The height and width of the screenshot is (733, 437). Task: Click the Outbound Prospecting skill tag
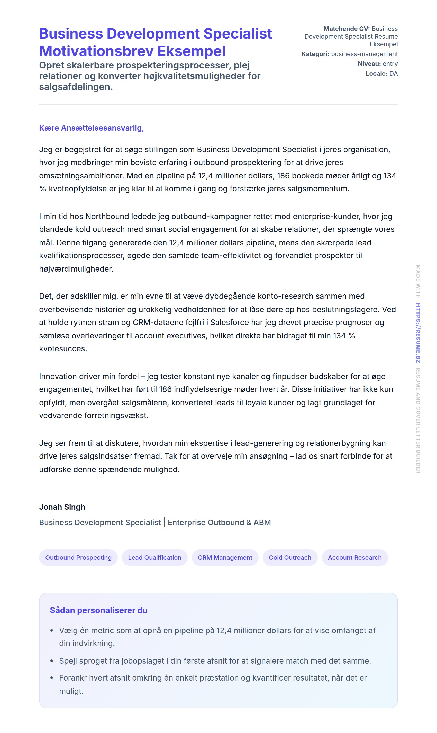pos(78,557)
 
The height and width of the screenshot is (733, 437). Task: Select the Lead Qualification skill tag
pos(154,557)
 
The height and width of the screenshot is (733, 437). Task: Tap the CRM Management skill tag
pos(225,557)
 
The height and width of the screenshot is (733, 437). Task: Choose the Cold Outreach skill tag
pos(290,557)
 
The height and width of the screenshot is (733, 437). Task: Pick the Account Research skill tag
pos(354,557)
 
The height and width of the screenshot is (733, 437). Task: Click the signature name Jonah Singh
pos(62,507)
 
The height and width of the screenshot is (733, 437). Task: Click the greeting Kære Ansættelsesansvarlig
pos(91,128)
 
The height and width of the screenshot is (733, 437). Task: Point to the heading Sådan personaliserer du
pos(99,610)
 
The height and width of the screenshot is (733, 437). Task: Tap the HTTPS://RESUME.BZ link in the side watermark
pos(418,333)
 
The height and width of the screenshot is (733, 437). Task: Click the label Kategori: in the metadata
pos(315,54)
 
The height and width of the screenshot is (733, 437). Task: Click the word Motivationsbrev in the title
pos(96,51)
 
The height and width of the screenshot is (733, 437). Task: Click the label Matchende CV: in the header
pos(347,29)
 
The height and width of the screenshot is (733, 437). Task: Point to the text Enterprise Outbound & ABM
pos(219,522)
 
